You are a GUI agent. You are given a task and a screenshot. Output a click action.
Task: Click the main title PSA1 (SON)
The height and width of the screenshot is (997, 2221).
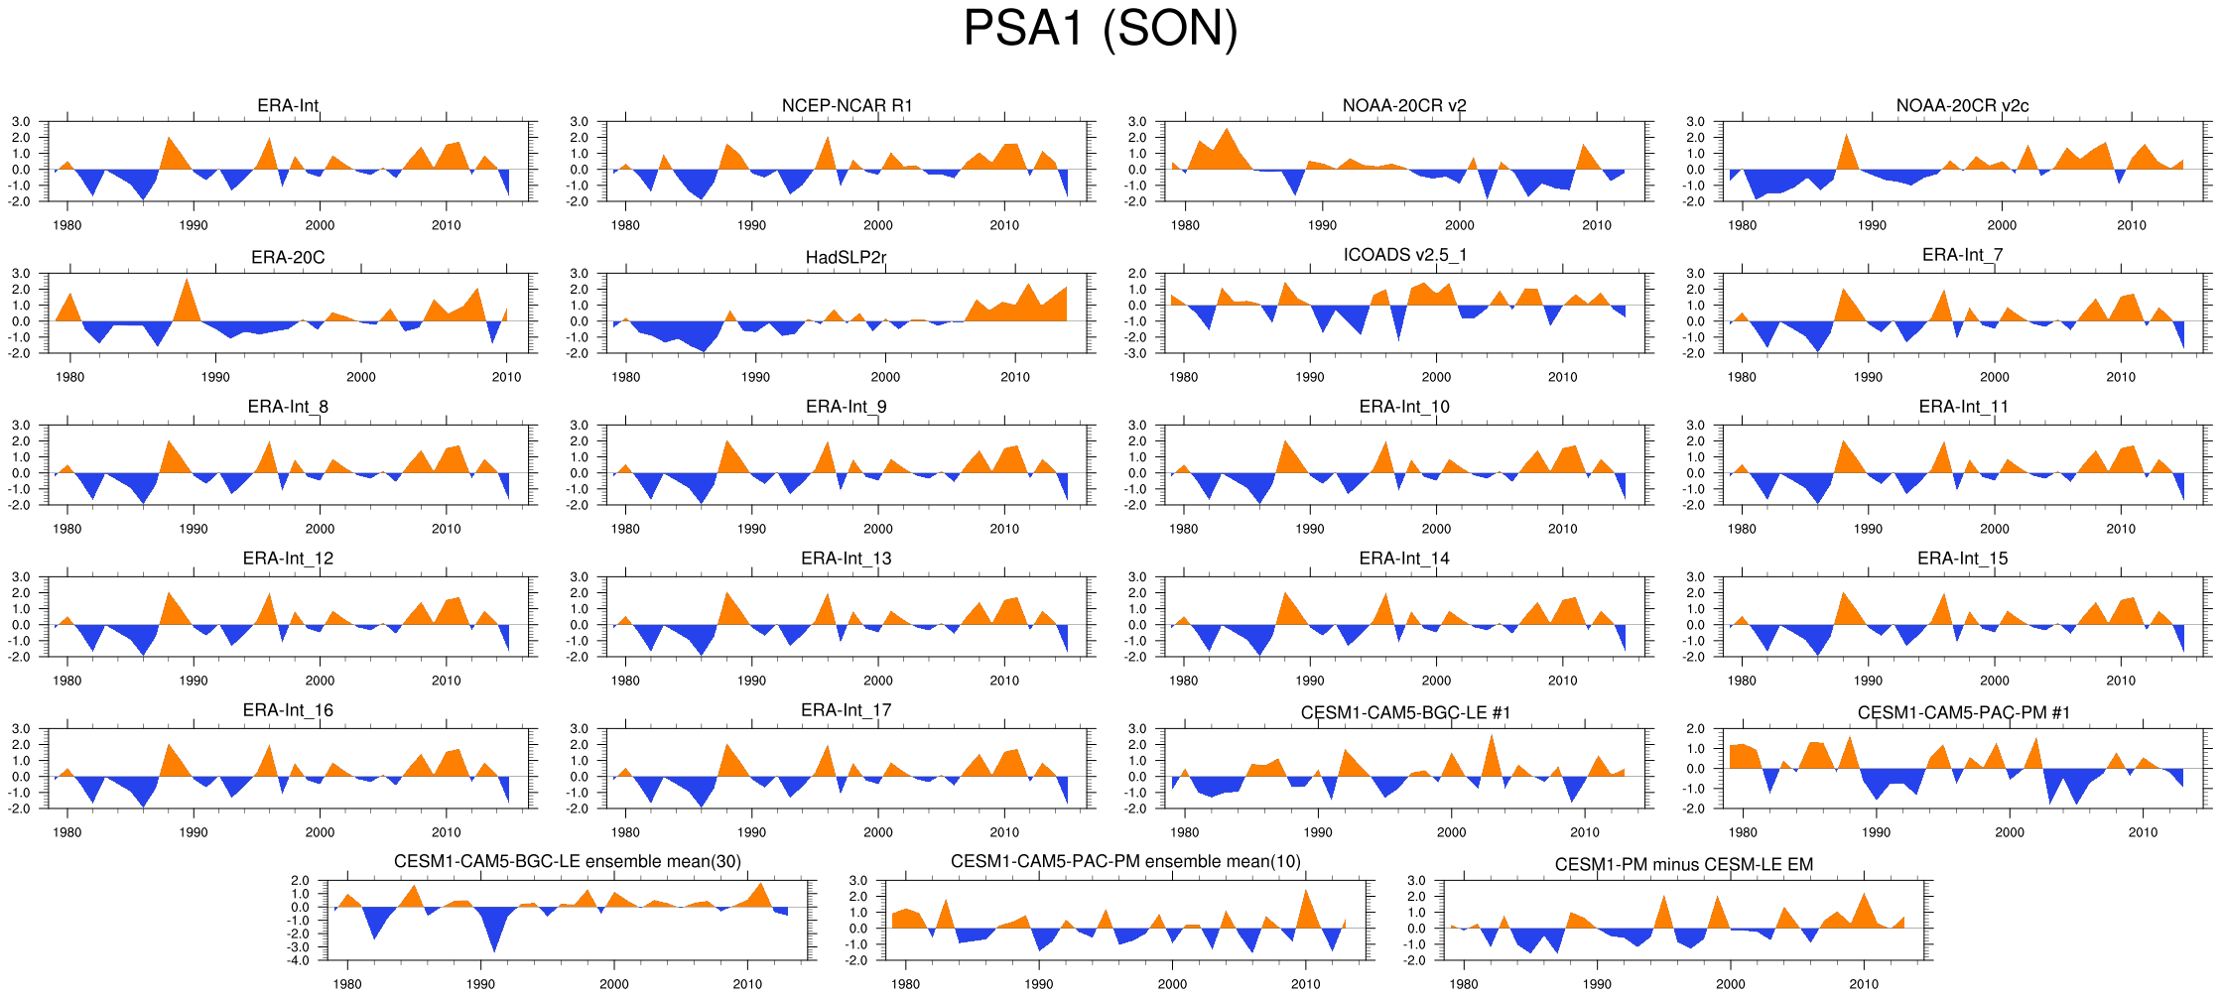(1100, 29)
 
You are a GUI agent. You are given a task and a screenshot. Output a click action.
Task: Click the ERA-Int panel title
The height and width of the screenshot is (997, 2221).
(288, 105)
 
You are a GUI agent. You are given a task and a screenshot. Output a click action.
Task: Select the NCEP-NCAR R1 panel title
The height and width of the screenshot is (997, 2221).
(847, 105)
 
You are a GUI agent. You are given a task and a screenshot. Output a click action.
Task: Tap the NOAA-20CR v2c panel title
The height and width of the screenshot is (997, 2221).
(1962, 105)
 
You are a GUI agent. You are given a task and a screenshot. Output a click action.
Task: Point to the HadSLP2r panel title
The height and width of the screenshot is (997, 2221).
(846, 257)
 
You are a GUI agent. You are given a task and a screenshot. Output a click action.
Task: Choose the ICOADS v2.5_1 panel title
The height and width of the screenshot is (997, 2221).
(1404, 255)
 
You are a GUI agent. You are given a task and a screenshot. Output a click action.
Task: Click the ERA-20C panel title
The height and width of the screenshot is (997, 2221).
(288, 257)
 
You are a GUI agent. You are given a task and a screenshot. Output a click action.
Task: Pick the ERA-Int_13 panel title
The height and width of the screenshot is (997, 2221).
(846, 559)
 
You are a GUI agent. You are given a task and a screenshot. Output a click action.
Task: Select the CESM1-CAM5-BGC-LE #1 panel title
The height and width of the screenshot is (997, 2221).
(1405, 712)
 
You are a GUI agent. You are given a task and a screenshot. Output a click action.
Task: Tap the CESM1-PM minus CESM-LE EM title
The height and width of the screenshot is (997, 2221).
(1683, 864)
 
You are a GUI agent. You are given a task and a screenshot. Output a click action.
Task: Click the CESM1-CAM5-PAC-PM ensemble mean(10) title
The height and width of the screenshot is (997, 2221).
(1125, 861)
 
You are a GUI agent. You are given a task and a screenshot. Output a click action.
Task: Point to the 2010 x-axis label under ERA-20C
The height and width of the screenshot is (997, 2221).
(506, 377)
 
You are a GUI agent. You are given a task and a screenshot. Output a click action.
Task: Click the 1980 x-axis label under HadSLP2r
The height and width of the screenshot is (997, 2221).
(625, 377)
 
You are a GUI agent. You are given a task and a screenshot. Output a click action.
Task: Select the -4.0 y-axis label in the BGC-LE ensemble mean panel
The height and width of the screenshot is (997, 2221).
(300, 960)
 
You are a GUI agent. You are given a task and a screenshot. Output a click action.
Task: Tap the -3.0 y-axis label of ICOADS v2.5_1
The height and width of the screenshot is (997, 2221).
(1137, 353)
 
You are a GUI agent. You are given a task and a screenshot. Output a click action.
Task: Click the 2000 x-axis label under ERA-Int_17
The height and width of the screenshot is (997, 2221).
(877, 832)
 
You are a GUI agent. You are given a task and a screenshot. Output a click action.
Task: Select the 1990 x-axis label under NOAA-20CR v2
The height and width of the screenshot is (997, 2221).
(1322, 225)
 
